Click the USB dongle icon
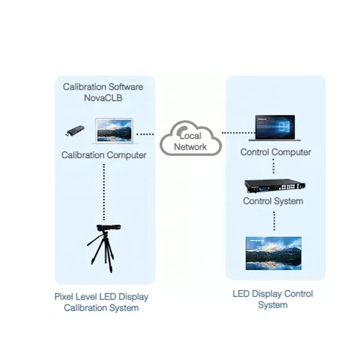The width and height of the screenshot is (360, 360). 75,131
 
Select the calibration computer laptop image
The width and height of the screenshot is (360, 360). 114,131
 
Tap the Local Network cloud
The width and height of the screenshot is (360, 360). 191,138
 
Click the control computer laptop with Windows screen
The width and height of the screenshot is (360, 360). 275,128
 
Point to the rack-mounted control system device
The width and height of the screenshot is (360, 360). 275,186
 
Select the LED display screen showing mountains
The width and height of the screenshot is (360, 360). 274,253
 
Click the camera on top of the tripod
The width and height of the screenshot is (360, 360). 108,228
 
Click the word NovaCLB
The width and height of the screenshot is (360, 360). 103,98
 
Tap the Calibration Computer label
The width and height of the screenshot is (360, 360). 104,155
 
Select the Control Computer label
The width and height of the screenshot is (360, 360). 276,152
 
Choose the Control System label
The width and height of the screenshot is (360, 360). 273,201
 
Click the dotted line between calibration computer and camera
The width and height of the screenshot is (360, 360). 104,192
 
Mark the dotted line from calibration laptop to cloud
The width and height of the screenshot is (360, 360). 145,134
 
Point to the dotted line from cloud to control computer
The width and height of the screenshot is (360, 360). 238,132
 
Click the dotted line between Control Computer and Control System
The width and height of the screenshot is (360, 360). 273,166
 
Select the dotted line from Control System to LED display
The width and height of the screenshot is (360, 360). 274,221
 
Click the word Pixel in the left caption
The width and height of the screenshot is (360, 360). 63,297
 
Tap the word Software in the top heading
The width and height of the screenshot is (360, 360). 126,87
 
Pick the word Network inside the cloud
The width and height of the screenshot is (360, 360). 191,147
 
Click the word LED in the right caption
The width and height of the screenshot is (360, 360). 241,294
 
